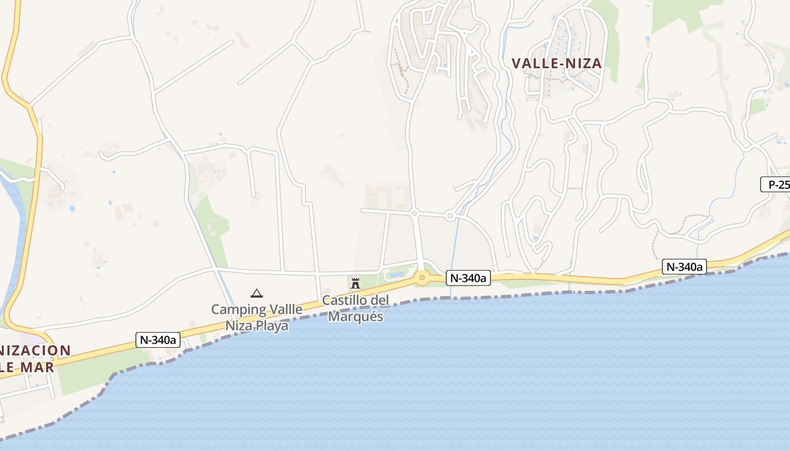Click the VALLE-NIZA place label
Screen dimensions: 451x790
tap(556, 64)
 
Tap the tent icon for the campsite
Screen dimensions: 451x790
tap(257, 293)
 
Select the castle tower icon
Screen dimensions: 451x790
tap(355, 283)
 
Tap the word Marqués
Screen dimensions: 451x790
tap(355, 317)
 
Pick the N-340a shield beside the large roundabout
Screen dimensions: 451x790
tap(468, 277)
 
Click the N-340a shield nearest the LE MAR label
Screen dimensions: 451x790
tap(159, 340)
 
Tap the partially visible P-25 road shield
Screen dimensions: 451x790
tap(776, 184)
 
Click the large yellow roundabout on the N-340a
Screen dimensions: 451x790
tap(422, 277)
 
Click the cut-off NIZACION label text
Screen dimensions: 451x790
tap(35, 351)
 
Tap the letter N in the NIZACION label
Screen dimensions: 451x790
tap(4, 351)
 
